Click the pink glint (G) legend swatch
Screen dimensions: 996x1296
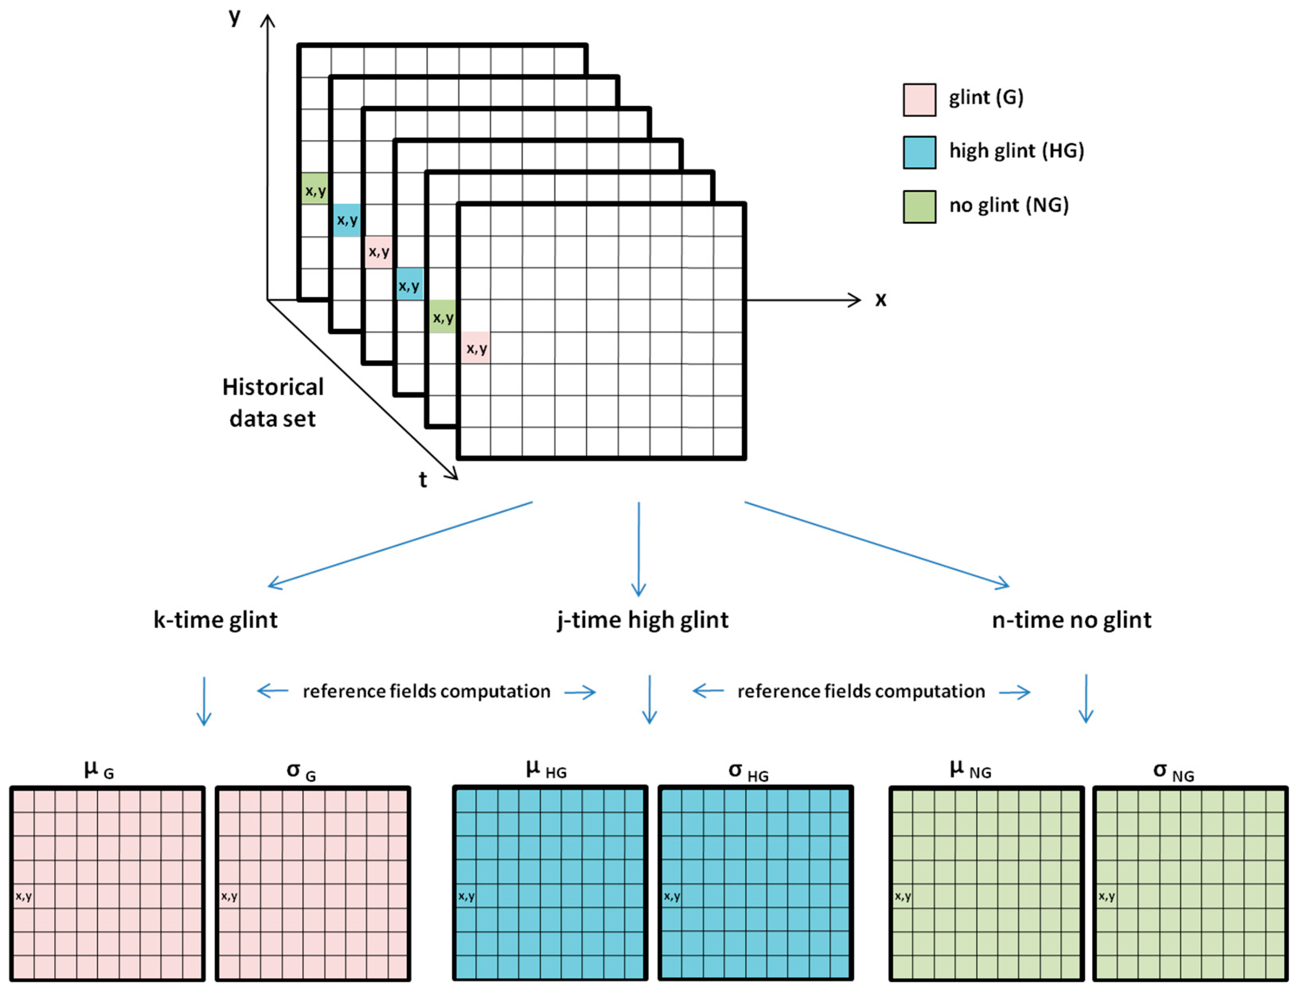919,99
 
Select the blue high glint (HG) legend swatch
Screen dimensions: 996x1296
919,152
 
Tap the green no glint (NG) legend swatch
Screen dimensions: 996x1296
919,206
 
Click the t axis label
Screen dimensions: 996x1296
423,479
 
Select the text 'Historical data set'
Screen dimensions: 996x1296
273,403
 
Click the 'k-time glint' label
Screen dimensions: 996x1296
215,620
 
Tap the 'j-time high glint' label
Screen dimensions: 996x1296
643,620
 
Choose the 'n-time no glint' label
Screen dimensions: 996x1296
1071,620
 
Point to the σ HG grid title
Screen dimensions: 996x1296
748,771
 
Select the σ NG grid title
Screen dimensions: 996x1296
1173,771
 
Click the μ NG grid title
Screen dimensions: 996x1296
971,770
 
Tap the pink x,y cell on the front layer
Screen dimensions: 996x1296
476,348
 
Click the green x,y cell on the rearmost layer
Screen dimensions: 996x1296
315,189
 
